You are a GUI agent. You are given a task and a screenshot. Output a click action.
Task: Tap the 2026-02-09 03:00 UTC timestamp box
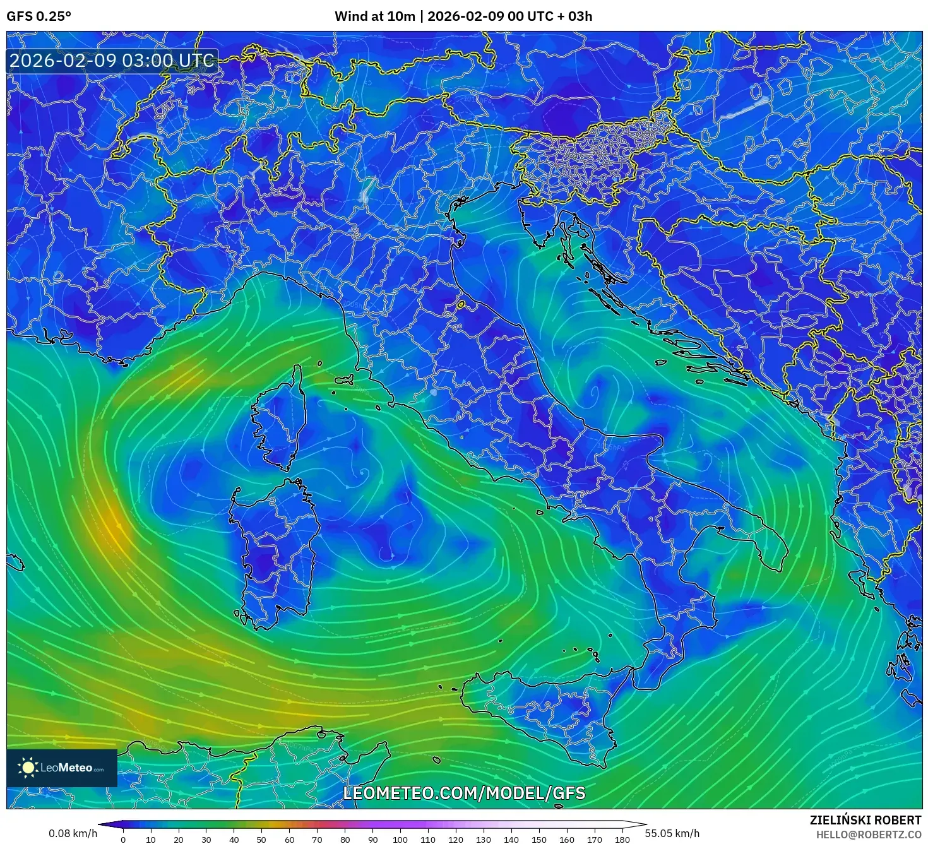[112, 61]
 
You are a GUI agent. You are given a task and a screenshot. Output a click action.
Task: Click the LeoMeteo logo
[62, 768]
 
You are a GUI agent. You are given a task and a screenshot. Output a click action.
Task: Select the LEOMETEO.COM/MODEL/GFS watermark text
[464, 793]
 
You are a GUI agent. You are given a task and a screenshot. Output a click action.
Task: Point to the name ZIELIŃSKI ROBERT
[866, 820]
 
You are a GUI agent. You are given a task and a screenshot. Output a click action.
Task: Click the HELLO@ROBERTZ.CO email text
[869, 835]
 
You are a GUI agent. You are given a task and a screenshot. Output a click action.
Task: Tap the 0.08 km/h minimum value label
[73, 833]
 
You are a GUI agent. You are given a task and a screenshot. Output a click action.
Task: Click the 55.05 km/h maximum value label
[672, 833]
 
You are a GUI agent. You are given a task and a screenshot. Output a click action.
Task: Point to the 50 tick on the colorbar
[261, 840]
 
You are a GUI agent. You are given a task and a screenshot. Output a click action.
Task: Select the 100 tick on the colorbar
[400, 840]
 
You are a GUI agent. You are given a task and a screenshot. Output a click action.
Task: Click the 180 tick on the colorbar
[622, 840]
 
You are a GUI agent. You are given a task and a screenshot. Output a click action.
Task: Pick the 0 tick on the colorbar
[123, 840]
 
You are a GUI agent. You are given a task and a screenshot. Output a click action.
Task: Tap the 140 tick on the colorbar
[511, 840]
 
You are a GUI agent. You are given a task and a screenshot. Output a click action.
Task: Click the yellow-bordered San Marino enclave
[461, 305]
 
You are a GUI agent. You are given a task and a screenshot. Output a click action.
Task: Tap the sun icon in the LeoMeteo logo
[28, 768]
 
